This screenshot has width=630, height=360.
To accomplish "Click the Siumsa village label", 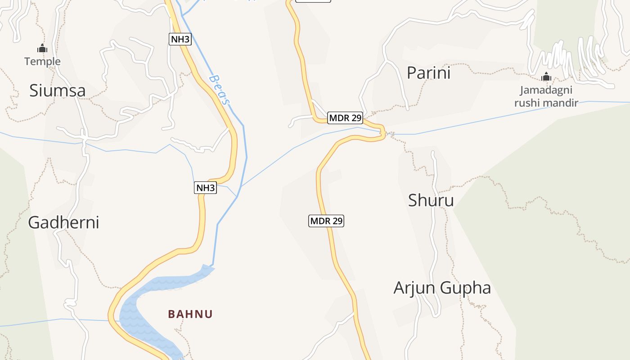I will (57, 90).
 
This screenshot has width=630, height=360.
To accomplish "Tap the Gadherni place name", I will (63, 222).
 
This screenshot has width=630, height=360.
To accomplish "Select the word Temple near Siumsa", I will (42, 61).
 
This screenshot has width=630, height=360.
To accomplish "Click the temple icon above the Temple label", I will (42, 49).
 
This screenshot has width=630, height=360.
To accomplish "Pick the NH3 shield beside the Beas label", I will (180, 39).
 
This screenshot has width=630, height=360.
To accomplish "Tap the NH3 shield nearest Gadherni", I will (206, 188).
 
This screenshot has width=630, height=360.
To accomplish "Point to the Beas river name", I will (219, 90).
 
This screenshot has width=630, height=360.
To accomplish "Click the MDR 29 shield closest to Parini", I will (345, 118).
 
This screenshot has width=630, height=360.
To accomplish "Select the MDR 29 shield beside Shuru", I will (327, 221).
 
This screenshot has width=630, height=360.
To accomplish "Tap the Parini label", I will (428, 72).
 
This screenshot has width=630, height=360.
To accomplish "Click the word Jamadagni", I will (546, 90).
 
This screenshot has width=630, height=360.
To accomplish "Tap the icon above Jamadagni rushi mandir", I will (546, 77).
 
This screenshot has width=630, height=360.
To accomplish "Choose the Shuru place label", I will (431, 200).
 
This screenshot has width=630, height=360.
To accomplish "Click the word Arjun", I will (414, 288).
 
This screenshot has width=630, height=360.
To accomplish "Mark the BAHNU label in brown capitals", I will (190, 314).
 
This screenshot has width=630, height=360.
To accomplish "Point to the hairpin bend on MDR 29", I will (383, 133).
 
